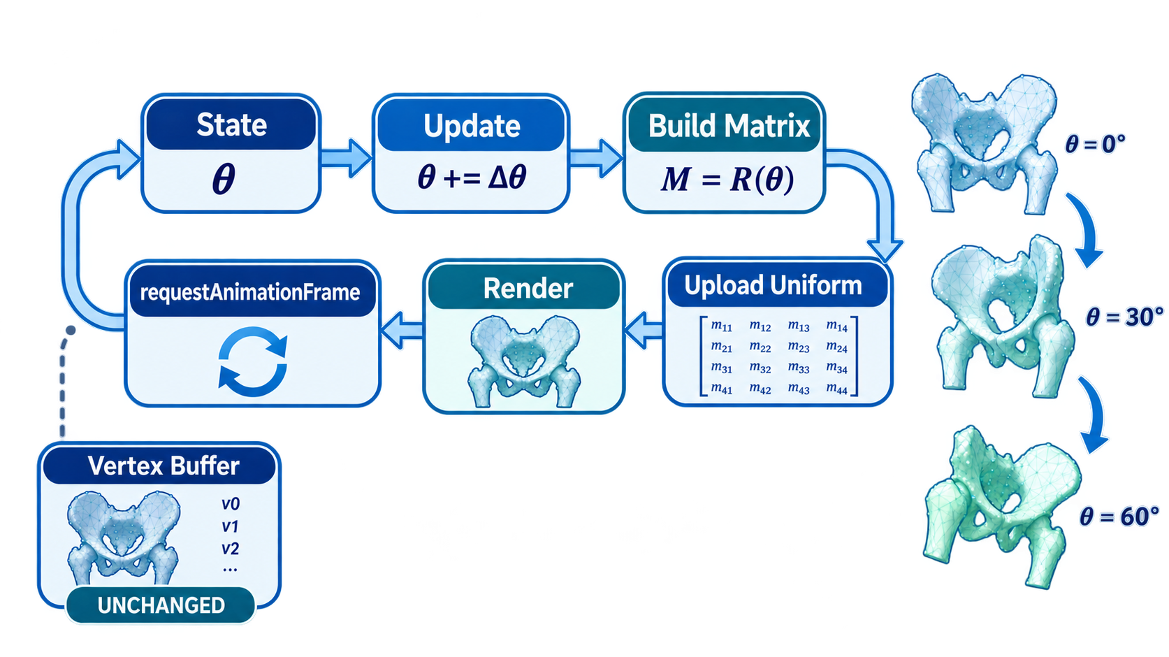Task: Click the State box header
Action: tap(231, 124)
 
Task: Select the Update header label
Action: tap(472, 126)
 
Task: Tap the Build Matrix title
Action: tap(729, 126)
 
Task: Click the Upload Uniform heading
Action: tap(773, 285)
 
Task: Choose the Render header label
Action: tap(528, 289)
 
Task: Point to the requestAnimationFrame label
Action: tap(250, 292)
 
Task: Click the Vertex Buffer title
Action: tap(164, 465)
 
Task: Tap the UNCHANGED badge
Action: tap(161, 605)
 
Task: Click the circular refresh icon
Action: tap(252, 361)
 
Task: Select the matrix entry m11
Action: tap(721, 326)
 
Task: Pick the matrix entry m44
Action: tap(836, 389)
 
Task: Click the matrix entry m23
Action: tap(799, 347)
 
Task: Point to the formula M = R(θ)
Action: tap(727, 180)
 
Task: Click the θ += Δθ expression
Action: tap(472, 177)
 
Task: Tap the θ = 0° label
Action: tap(1095, 143)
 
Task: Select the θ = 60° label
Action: tap(1119, 516)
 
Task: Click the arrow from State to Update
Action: tap(345, 157)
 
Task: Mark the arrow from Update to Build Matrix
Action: tap(595, 157)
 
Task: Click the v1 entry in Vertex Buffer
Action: tap(230, 526)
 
